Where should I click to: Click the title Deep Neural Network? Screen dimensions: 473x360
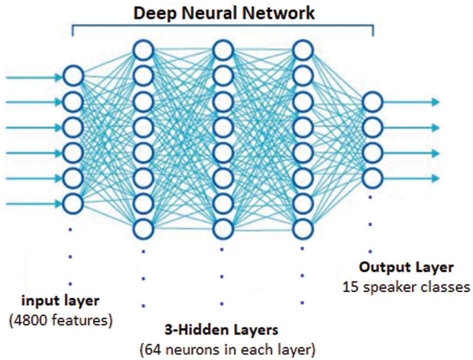pyautogui.click(x=224, y=13)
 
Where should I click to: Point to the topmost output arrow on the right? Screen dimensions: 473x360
pyautogui.click(x=411, y=102)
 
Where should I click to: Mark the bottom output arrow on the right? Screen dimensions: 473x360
pyautogui.click(x=411, y=179)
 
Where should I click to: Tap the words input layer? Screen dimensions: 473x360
pyautogui.click(x=60, y=301)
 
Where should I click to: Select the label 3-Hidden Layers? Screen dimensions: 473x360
pyautogui.click(x=221, y=330)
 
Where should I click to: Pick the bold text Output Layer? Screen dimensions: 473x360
pyautogui.click(x=406, y=267)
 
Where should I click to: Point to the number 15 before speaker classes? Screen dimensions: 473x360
pyautogui.click(x=350, y=287)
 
